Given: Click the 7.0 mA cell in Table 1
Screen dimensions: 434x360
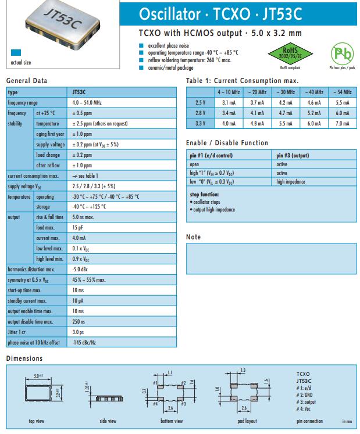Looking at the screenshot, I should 342,123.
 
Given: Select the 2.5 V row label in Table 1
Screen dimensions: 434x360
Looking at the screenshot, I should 200,102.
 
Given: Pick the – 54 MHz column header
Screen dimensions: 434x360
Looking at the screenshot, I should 342,92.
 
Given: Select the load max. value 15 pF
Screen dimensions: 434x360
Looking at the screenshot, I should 78,227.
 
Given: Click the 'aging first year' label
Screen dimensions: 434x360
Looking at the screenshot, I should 49,134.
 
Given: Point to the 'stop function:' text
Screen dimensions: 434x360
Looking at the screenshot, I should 204,194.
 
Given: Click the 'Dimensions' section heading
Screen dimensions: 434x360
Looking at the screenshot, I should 24,358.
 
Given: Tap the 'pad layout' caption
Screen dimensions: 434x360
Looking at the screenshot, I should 247,421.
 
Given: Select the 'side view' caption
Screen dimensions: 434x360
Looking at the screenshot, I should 108,421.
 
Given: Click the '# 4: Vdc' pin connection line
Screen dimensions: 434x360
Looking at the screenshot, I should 305,409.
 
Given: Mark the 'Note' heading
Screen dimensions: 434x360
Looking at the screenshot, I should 193,237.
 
